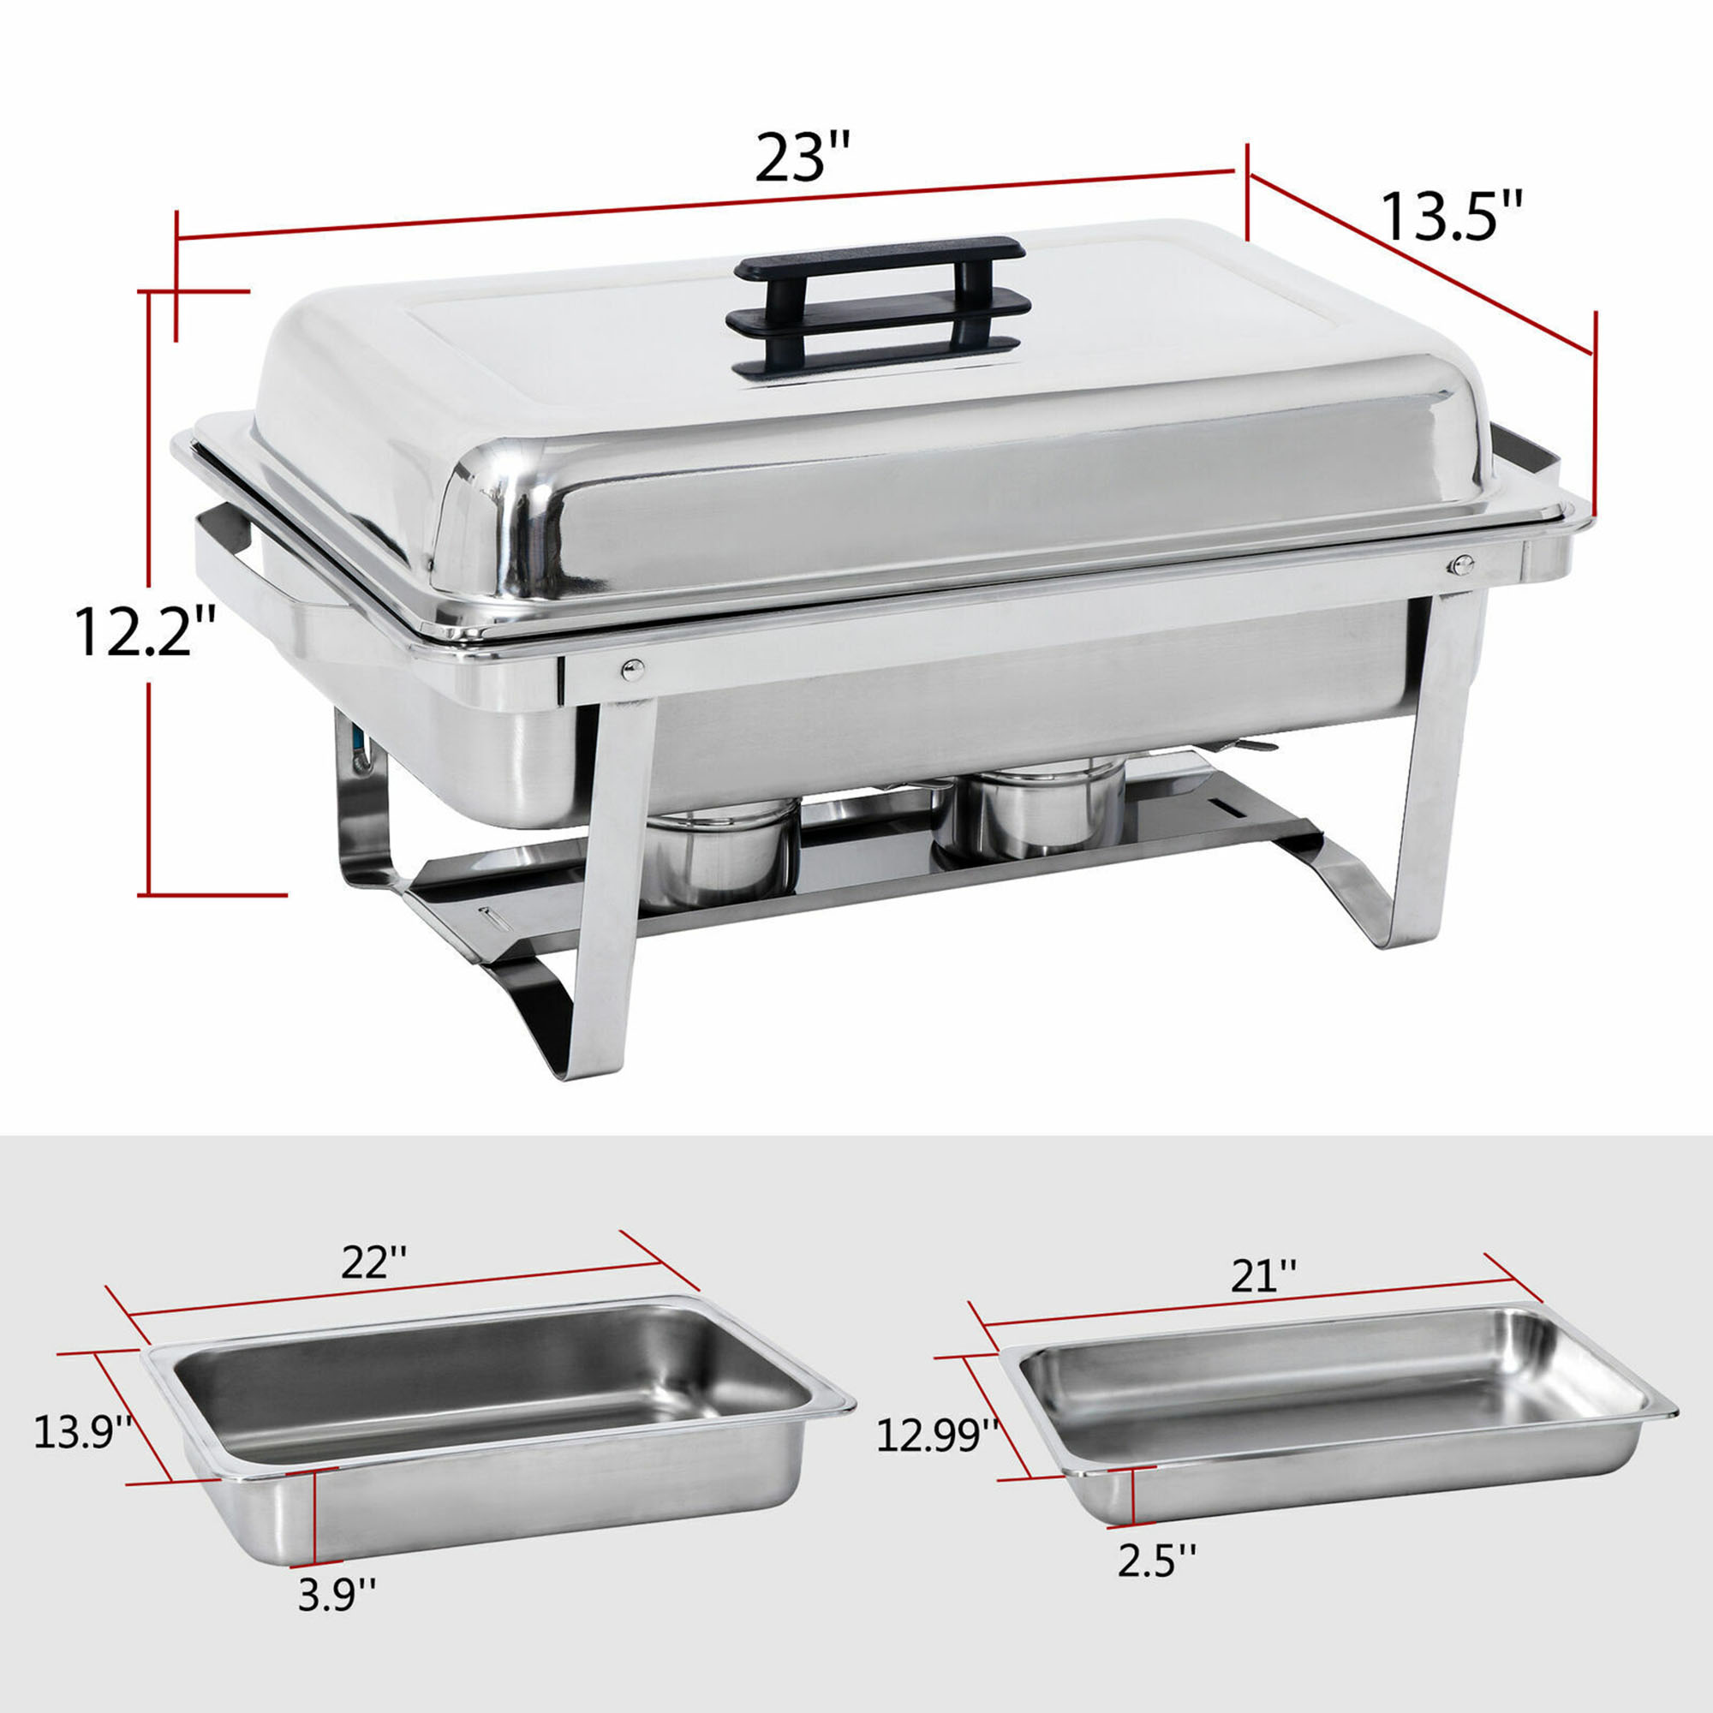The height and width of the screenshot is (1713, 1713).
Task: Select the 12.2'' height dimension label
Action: pos(146,631)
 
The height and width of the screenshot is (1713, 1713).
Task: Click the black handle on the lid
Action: pos(878,302)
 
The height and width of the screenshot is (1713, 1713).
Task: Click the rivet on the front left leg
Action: pos(631,670)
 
